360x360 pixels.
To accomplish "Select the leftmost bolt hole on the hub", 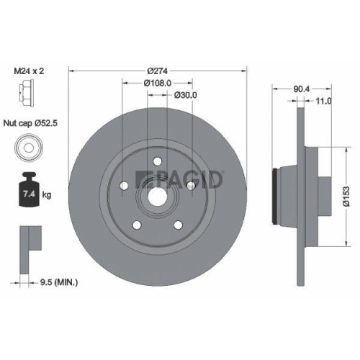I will point(124,186).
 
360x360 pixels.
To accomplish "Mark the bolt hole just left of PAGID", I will point(190,186).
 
